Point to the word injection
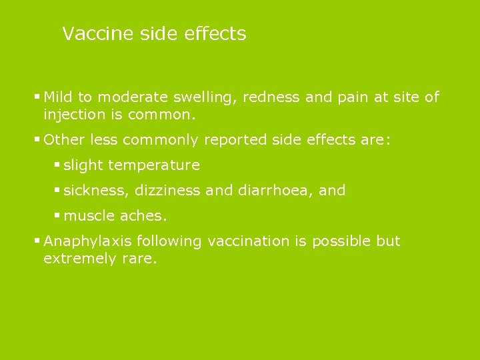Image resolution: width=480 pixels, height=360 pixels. pyautogui.click(x=75, y=115)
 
